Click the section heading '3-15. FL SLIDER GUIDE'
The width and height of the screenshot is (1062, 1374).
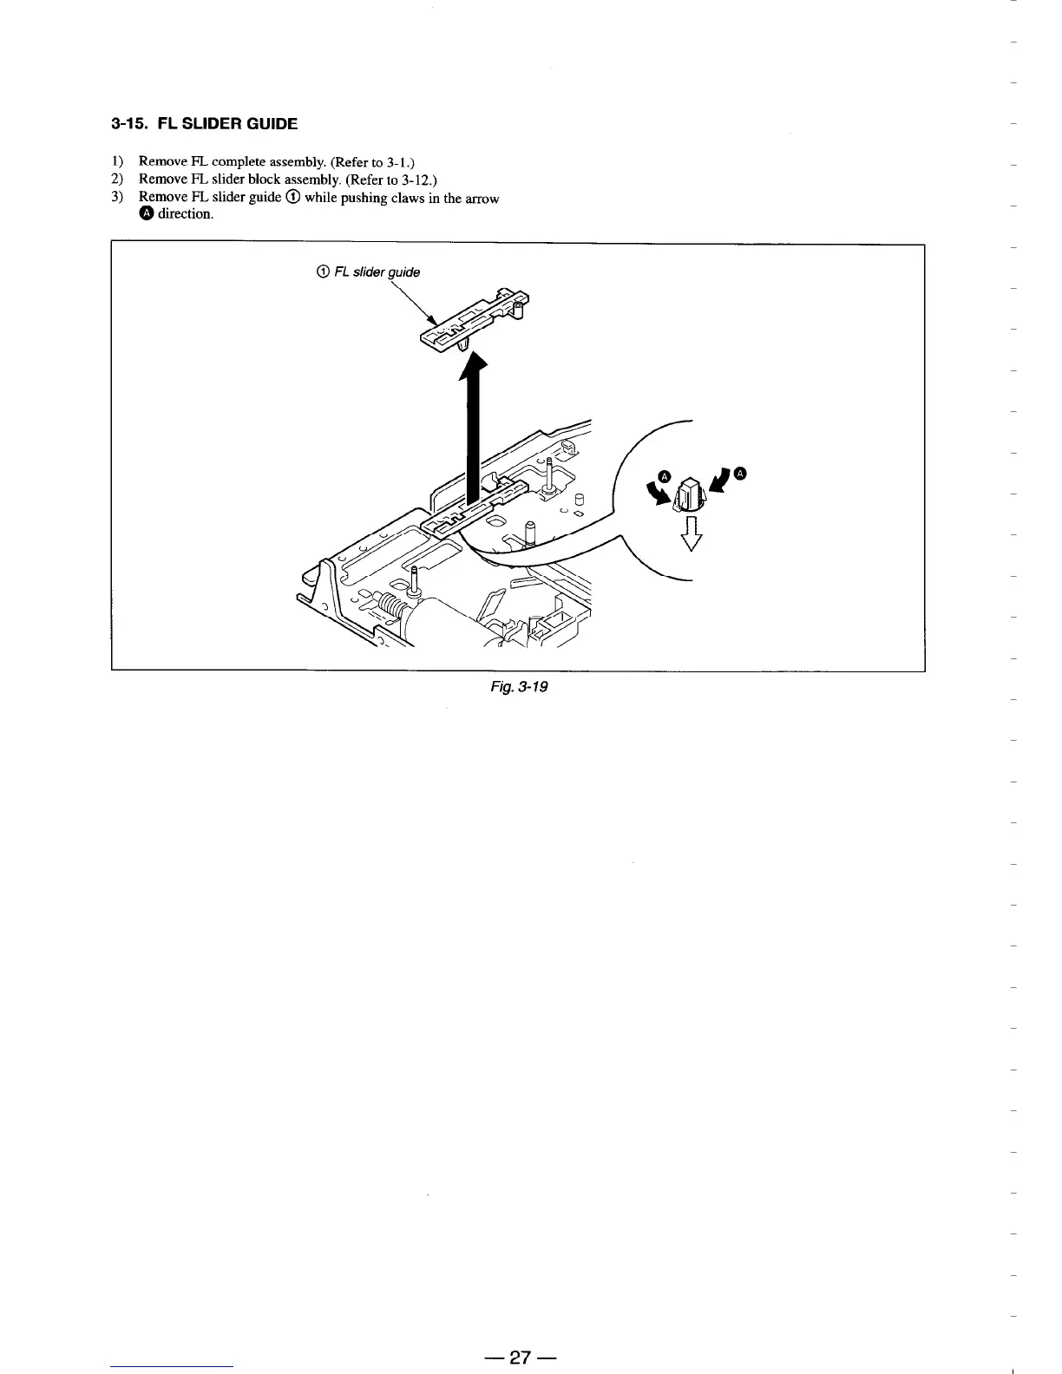[205, 124]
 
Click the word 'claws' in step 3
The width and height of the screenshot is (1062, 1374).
[405, 199]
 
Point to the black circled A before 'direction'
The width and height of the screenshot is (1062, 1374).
[147, 214]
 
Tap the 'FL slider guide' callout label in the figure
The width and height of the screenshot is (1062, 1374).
[370, 272]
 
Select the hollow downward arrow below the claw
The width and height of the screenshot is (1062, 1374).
[691, 533]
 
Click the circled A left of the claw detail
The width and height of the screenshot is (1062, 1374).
[665, 475]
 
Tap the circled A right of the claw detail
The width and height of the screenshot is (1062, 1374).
[739, 473]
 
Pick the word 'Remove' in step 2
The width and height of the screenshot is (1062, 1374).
[162, 180]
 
